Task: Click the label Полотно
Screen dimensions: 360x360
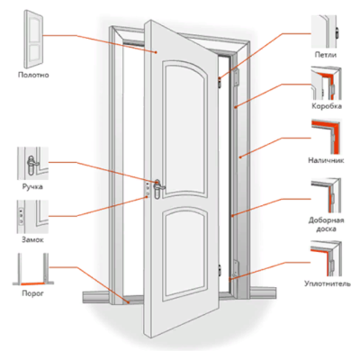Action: pos(33,75)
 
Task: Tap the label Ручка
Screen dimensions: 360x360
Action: pos(32,187)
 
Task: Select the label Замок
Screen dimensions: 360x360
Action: pos(32,240)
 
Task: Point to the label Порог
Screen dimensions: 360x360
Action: pos(32,293)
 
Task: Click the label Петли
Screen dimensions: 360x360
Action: pos(326,55)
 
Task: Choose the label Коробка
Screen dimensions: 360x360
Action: pos(327,106)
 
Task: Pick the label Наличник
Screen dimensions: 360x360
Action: pos(326,160)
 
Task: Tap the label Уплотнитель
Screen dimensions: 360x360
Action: pos(328,283)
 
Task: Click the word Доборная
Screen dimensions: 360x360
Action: pos(327,220)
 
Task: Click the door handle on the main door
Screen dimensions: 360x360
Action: pos(157,188)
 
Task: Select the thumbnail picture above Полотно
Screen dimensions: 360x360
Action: pos(33,39)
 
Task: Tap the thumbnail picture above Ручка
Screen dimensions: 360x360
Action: pos(32,164)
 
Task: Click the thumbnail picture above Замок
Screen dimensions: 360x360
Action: pos(32,217)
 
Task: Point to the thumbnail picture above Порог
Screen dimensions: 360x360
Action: pos(33,269)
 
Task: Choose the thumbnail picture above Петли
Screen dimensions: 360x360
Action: pos(326,31)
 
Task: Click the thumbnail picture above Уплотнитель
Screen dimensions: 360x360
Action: pos(326,258)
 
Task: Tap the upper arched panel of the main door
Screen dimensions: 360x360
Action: pos(185,129)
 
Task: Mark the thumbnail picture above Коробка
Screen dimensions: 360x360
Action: pos(326,84)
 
